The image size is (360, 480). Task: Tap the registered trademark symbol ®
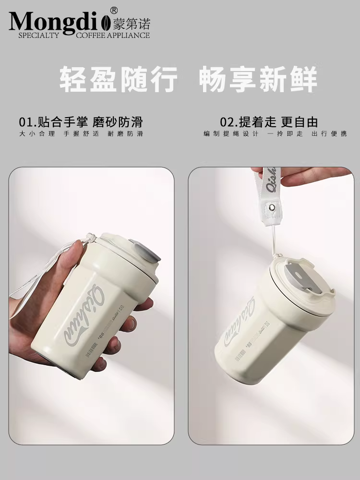(114, 10)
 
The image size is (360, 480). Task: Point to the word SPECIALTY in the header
(38, 35)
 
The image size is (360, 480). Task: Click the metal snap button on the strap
(272, 207)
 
